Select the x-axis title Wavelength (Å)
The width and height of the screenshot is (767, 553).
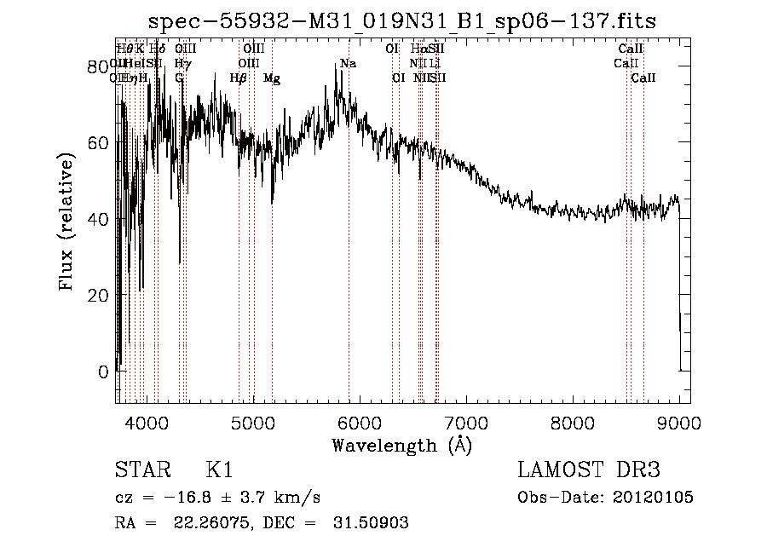coord(401,445)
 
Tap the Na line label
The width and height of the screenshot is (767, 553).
coord(348,64)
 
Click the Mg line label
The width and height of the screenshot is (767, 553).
coord(272,78)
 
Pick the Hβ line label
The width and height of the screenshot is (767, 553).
coord(239,78)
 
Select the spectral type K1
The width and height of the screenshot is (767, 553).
coord(219,470)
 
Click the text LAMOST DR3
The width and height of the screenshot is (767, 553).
coord(589,470)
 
